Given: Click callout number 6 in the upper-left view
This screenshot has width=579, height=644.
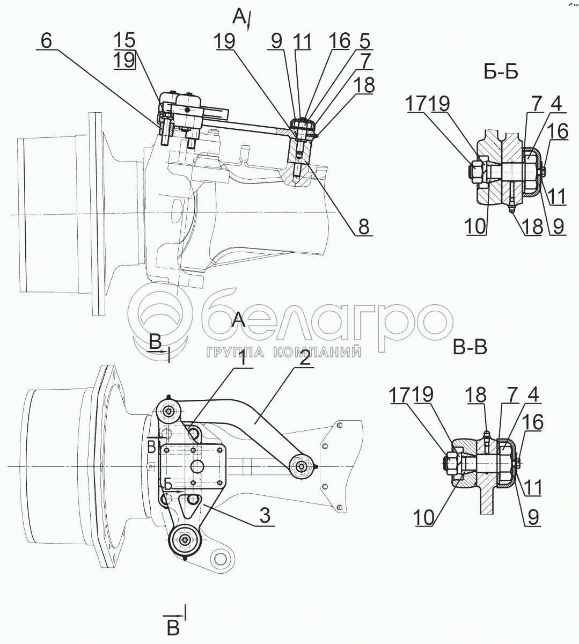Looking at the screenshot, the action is [x=46, y=41].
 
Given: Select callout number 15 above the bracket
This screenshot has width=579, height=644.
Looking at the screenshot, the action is [x=124, y=40].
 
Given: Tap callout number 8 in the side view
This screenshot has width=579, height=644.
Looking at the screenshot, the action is [x=363, y=227].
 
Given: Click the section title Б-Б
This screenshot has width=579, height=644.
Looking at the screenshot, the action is [x=501, y=73].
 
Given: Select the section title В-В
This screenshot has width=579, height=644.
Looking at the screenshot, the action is [x=470, y=347].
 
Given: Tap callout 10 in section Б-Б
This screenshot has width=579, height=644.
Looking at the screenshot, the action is [x=476, y=226].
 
